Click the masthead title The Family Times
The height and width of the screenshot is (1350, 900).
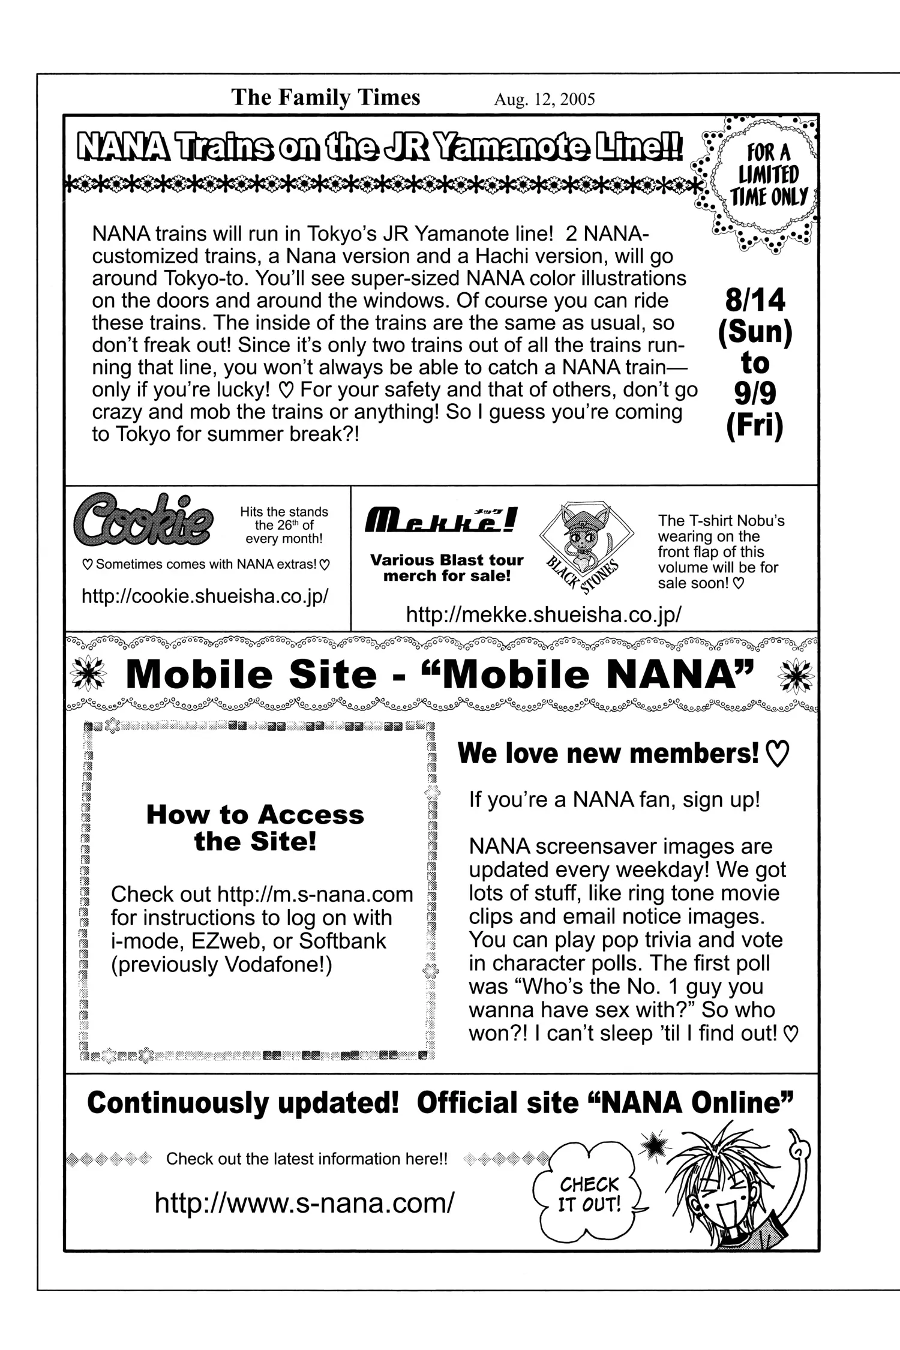pyautogui.click(x=325, y=97)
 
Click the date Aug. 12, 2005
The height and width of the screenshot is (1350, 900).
pyautogui.click(x=544, y=99)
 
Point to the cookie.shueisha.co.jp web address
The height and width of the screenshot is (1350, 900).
pyautogui.click(x=205, y=596)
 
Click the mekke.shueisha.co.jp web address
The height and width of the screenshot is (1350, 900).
pyautogui.click(x=544, y=614)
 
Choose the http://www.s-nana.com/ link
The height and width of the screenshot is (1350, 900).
pyautogui.click(x=304, y=1202)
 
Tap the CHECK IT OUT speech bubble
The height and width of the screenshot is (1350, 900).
pyautogui.click(x=589, y=1193)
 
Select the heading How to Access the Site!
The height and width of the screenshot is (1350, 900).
pyautogui.click(x=255, y=827)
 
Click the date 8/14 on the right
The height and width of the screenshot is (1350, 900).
pyautogui.click(x=755, y=300)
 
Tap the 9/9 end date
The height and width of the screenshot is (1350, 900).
pyautogui.click(x=755, y=394)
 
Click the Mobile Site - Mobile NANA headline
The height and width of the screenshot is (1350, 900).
pyautogui.click(x=439, y=675)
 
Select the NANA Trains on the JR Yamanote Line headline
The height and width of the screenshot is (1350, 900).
pyautogui.click(x=380, y=147)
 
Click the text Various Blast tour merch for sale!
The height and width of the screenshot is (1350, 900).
pyautogui.click(x=447, y=568)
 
